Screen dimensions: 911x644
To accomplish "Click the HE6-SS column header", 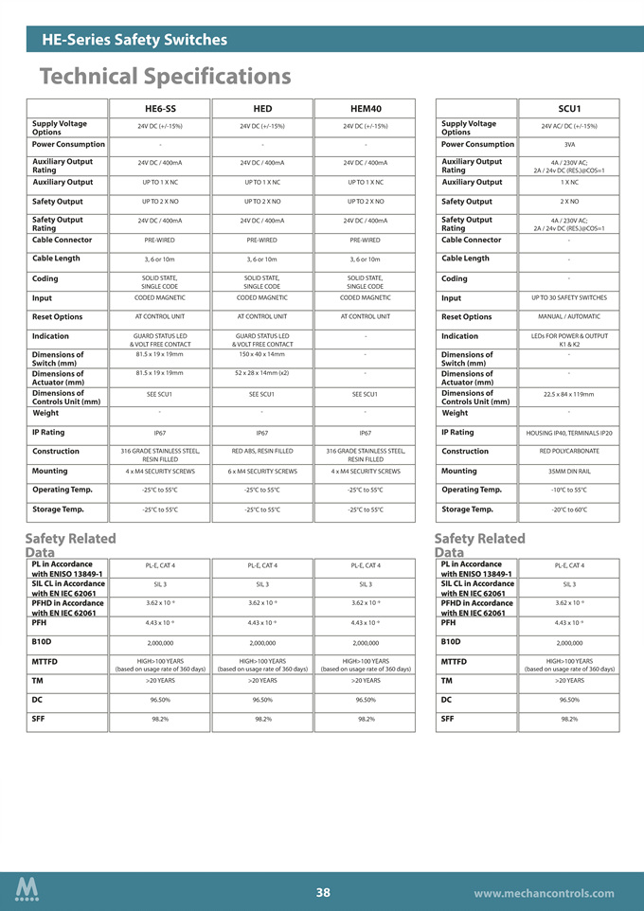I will [160, 109].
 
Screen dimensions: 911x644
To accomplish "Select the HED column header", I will [262, 109].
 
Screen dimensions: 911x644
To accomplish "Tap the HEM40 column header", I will [365, 109].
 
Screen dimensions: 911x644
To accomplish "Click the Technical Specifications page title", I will [166, 76].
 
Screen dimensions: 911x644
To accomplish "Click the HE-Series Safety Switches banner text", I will [134, 40].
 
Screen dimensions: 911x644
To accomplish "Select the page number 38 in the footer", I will [323, 892].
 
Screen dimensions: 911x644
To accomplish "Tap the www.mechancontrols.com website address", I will [543, 893].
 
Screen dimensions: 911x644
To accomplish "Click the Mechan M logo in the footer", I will [27, 890].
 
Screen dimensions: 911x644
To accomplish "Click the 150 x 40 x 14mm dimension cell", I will [262, 353].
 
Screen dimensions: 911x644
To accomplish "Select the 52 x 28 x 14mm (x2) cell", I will [262, 372].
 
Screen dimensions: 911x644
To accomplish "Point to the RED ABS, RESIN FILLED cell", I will [262, 452].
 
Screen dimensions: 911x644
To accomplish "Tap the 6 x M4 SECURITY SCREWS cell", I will [262, 471].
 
